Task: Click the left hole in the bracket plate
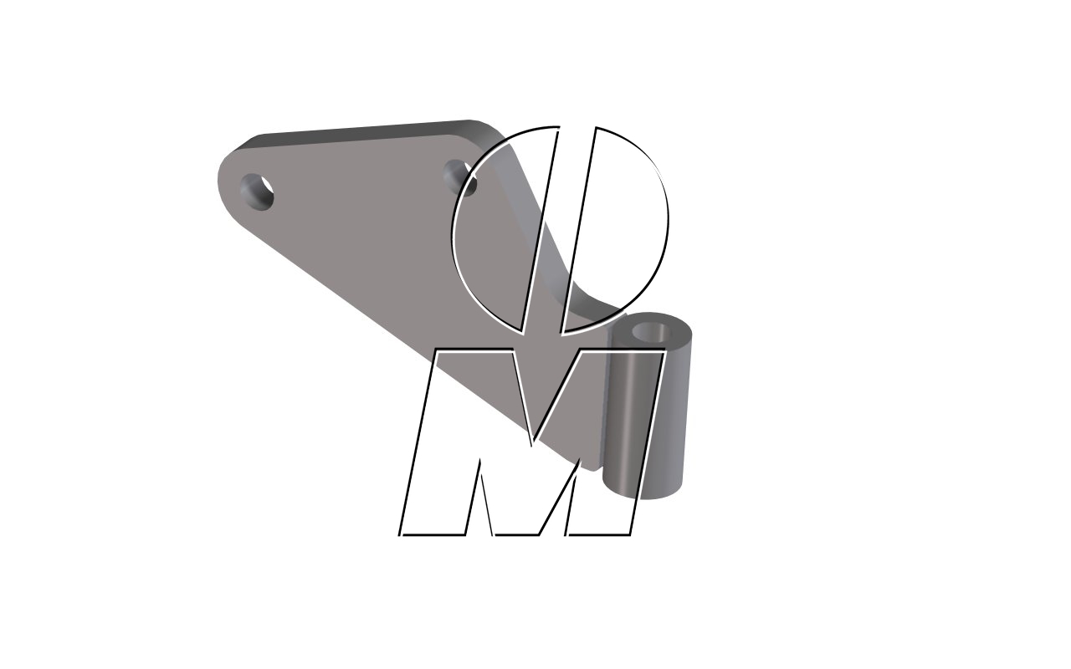coord(258,192)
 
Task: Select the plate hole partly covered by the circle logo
coord(459,176)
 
